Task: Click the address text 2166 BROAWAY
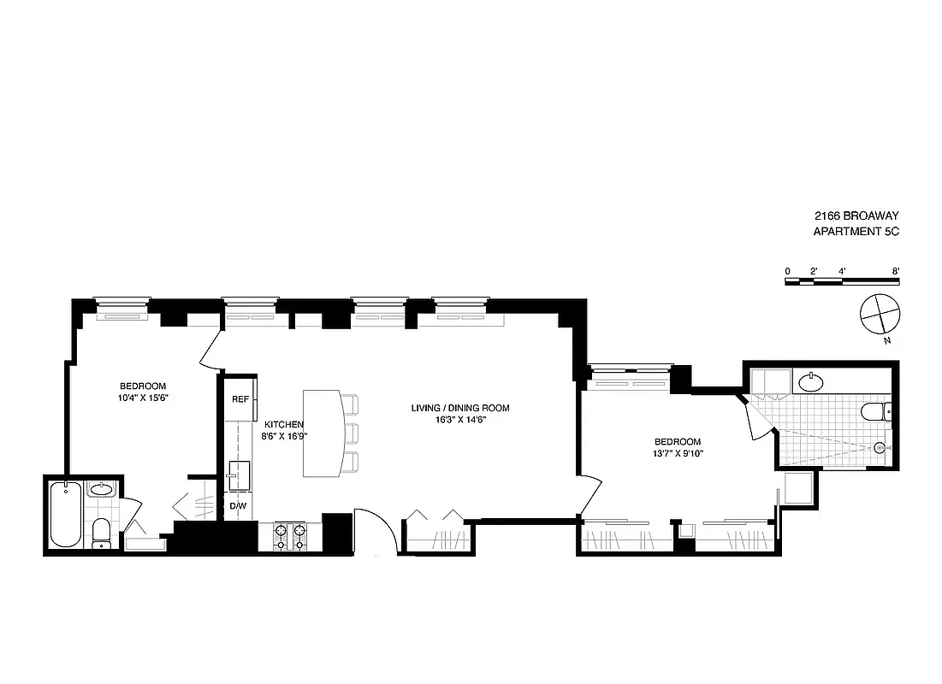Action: pyautogui.click(x=856, y=216)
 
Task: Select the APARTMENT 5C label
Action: pyautogui.click(x=856, y=232)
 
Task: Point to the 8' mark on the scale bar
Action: pyautogui.click(x=896, y=271)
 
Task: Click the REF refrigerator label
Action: pyautogui.click(x=240, y=399)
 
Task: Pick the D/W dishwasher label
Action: pyautogui.click(x=239, y=505)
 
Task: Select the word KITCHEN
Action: pyautogui.click(x=284, y=424)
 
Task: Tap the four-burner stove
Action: pyautogui.click(x=289, y=536)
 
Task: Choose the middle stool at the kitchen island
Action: pyautogui.click(x=351, y=432)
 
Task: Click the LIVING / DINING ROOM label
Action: pyautogui.click(x=459, y=408)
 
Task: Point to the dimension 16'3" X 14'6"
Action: pyautogui.click(x=459, y=420)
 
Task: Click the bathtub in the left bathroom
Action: pyautogui.click(x=66, y=515)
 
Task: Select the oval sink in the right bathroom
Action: pyautogui.click(x=809, y=381)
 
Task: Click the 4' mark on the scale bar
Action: pyautogui.click(x=843, y=271)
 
